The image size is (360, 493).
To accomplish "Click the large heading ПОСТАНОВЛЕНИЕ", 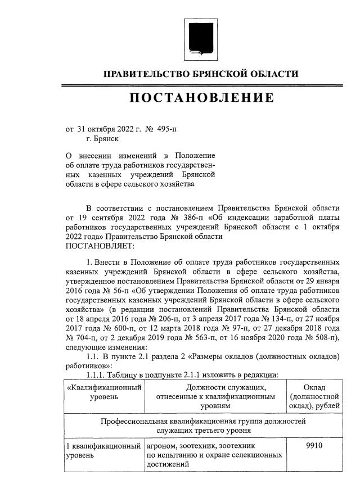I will tap(202, 98).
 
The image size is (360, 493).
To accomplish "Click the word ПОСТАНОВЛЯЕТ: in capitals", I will tap(100, 245).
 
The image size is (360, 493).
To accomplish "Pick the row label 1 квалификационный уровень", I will tap(103, 450).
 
